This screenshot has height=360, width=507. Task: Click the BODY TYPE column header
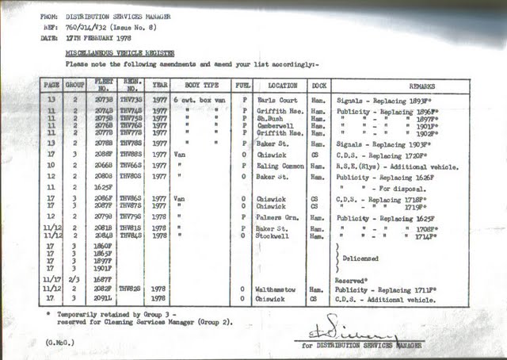[197, 84]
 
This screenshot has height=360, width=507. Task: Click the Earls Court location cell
[276, 101]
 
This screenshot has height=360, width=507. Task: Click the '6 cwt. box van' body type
[196, 101]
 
